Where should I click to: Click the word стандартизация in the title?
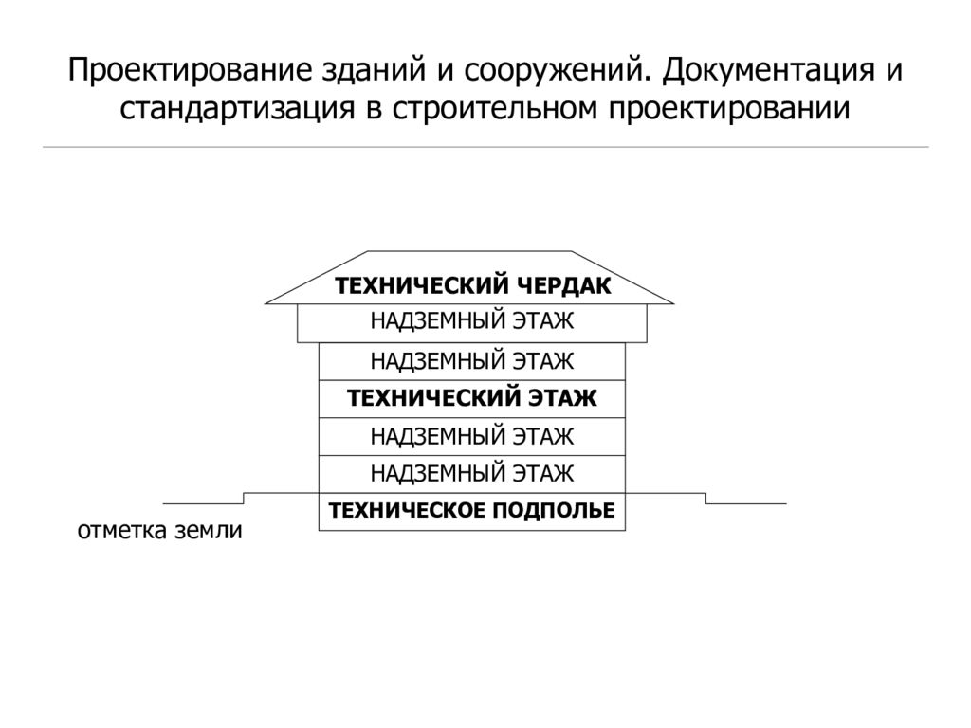[x=237, y=109]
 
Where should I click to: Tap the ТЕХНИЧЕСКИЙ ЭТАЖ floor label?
[x=472, y=398]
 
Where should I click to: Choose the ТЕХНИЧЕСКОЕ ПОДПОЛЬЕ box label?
[x=472, y=511]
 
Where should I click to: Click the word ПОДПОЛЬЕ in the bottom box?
[x=554, y=511]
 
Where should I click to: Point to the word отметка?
[x=122, y=531]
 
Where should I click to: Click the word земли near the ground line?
[x=208, y=531]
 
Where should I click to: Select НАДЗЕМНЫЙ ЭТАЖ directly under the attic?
[x=472, y=321]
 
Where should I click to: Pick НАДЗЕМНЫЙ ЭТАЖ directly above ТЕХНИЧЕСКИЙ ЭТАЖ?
[x=472, y=361]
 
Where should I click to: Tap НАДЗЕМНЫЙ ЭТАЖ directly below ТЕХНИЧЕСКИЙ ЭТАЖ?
[x=472, y=436]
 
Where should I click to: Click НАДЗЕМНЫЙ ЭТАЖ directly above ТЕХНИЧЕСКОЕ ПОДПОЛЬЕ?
[x=472, y=474]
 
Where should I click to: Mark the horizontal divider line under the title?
[x=485, y=147]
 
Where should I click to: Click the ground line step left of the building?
[x=244, y=499]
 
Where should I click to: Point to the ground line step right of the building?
[x=705, y=499]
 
